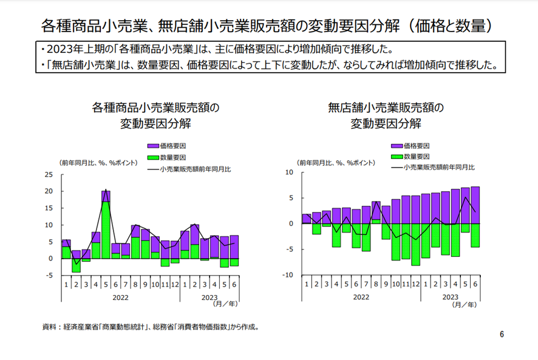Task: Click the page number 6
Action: [x=502, y=334]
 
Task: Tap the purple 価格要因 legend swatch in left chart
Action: [x=153, y=146]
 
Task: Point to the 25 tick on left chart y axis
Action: [x=49, y=175]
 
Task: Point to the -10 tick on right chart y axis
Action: [x=288, y=275]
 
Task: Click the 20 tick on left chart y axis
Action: [x=49, y=191]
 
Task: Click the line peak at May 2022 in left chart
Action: [x=106, y=189]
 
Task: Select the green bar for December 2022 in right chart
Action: [x=415, y=244]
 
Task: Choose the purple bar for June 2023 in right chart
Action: [x=475, y=205]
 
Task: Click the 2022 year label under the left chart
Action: [x=120, y=297]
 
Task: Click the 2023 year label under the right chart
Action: [x=450, y=297]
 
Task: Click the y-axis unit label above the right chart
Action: [x=335, y=163]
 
